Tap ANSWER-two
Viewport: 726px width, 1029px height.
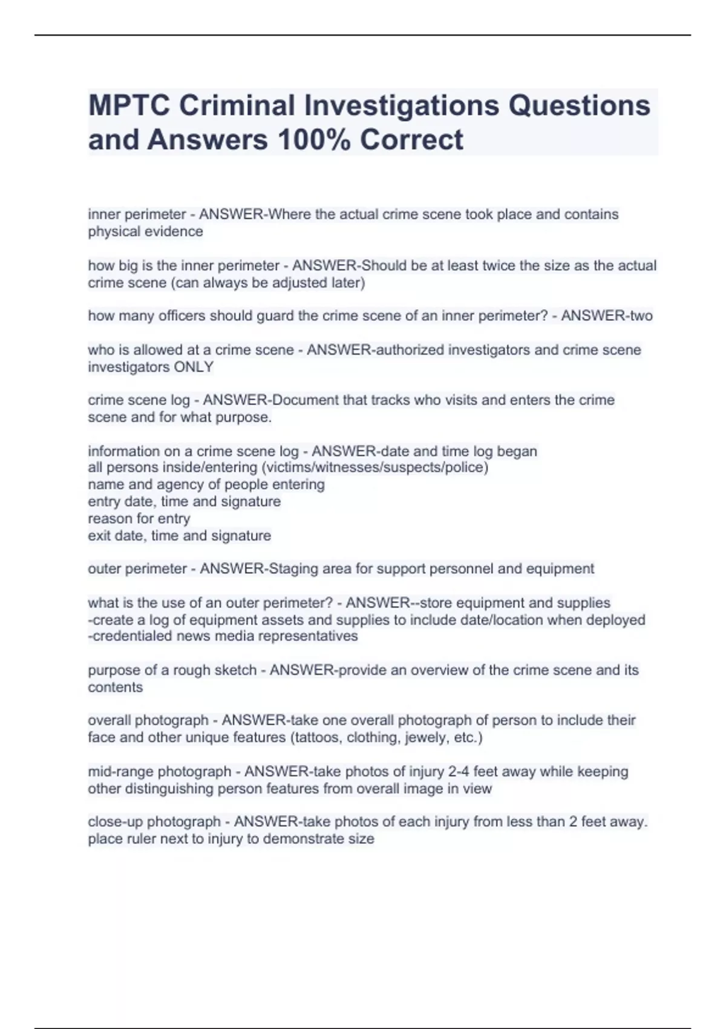tap(606, 316)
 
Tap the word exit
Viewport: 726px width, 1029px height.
tap(99, 536)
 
